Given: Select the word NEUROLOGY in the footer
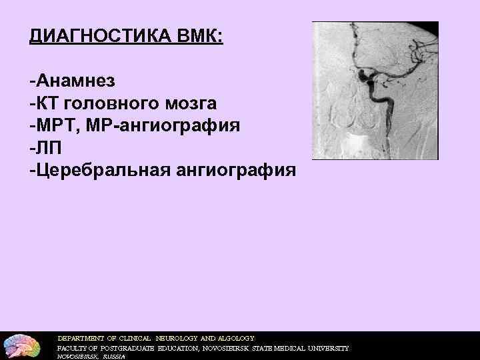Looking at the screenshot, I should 179,338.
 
